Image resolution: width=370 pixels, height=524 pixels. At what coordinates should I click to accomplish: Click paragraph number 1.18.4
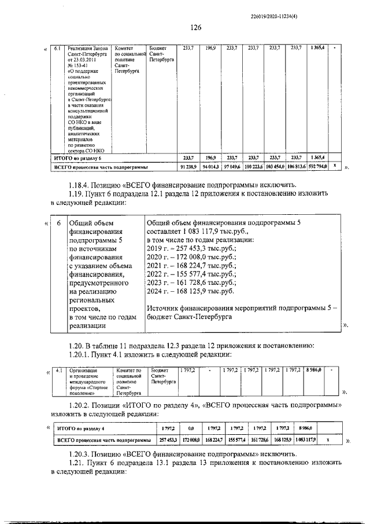click(81, 185)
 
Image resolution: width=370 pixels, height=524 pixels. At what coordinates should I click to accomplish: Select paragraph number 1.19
click(78, 193)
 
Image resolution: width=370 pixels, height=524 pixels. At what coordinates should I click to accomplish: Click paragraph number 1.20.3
click(82, 456)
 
